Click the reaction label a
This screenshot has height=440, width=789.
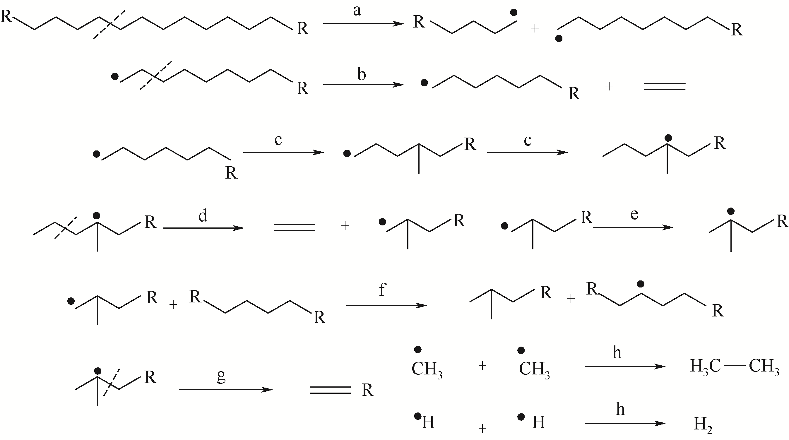[357, 12]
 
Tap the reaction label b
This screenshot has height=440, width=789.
[362, 74]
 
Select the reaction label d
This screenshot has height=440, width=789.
[203, 215]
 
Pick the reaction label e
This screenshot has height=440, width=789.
[634, 215]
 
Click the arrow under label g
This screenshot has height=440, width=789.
[225, 389]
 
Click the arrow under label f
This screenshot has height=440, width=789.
[386, 305]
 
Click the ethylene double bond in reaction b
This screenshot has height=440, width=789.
[665, 86]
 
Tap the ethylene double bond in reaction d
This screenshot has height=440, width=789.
[294, 227]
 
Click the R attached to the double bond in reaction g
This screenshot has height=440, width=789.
[367, 391]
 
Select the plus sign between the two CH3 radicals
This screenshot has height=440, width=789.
[482, 365]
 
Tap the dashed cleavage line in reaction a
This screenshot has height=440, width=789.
[109, 25]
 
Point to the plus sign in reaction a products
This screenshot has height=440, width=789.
[535, 28]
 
